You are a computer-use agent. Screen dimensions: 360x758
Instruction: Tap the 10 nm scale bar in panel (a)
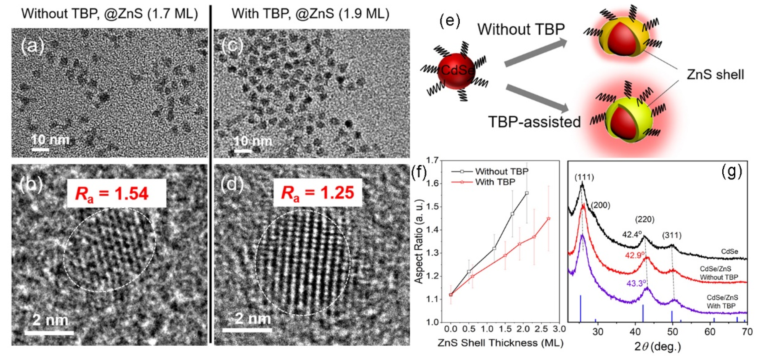tap(40, 150)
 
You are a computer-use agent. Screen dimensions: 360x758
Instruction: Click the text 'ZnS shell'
tap(715, 75)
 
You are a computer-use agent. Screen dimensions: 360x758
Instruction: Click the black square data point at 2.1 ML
tap(527, 193)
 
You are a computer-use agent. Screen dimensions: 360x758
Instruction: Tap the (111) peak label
tap(584, 177)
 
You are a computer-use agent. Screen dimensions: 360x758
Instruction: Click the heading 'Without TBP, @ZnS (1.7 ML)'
tap(110, 14)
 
